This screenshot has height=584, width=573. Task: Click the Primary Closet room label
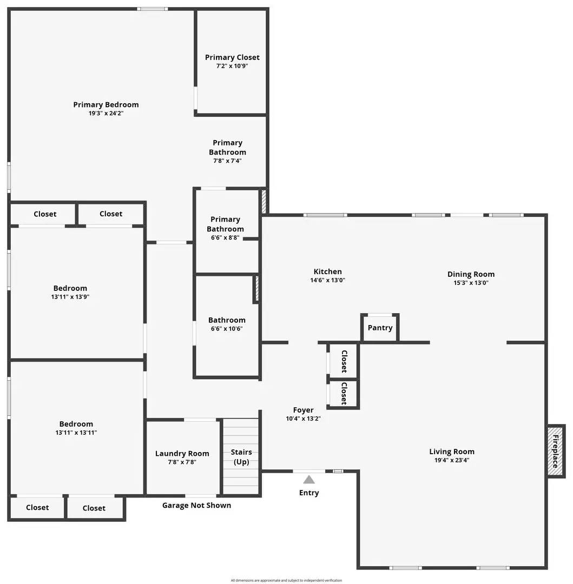232,57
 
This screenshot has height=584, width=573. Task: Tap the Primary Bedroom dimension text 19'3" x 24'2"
106,114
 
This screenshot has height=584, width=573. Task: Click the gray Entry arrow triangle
309,479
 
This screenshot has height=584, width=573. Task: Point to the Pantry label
380,328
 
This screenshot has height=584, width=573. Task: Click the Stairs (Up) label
241,457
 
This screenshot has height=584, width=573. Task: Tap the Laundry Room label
182,454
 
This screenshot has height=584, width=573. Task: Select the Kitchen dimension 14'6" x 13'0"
327,281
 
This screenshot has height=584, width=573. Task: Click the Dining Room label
471,274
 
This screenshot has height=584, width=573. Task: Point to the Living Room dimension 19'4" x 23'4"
452,461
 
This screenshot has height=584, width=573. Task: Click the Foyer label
303,410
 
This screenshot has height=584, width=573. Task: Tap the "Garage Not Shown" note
196,506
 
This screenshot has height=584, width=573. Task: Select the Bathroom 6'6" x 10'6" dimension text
227,329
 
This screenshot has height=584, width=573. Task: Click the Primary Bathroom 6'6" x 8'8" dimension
225,238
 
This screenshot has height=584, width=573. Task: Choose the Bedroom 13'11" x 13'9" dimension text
70,297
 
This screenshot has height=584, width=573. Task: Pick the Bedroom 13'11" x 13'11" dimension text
76,433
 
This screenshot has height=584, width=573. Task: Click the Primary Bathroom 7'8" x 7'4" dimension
227,161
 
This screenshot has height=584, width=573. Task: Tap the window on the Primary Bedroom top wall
152,9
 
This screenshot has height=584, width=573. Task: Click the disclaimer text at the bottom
286,580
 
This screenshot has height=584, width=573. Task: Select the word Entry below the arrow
309,493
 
